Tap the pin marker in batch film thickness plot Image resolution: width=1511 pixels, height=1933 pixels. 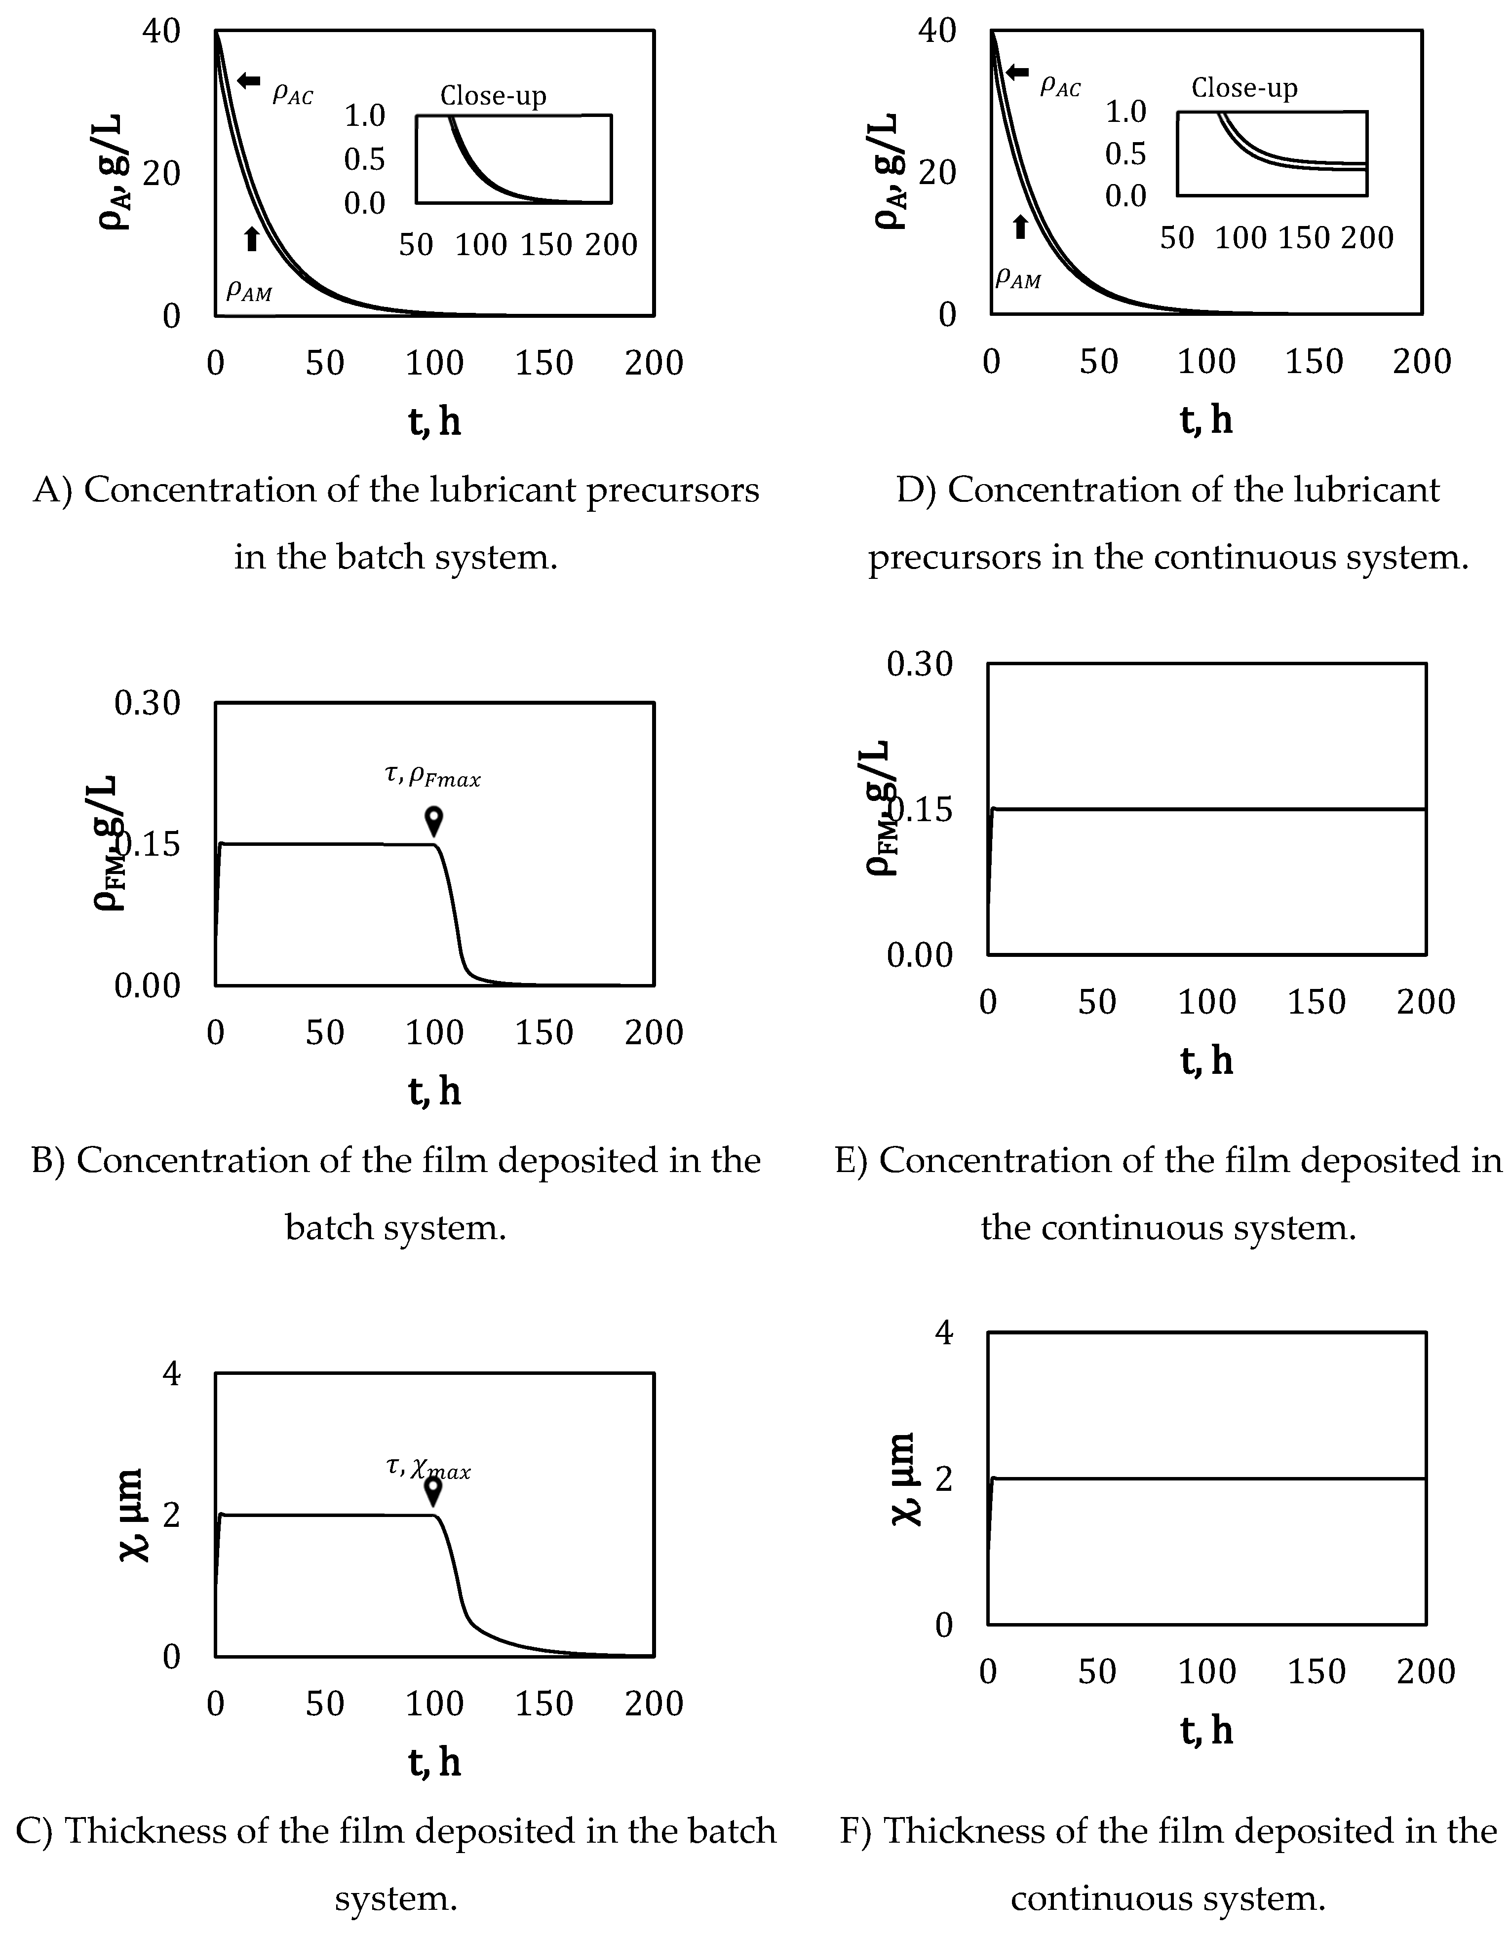pyautogui.click(x=433, y=1489)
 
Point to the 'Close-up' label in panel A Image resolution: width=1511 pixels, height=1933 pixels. pyautogui.click(x=493, y=96)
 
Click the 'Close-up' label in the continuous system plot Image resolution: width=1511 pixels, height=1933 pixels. pyautogui.click(x=1243, y=88)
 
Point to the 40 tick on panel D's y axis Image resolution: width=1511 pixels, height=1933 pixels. pyautogui.click(x=936, y=31)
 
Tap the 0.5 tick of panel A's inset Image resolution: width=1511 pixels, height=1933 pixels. pyautogui.click(x=365, y=159)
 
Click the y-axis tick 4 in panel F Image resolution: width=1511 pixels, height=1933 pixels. pyautogui.click(x=944, y=1332)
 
